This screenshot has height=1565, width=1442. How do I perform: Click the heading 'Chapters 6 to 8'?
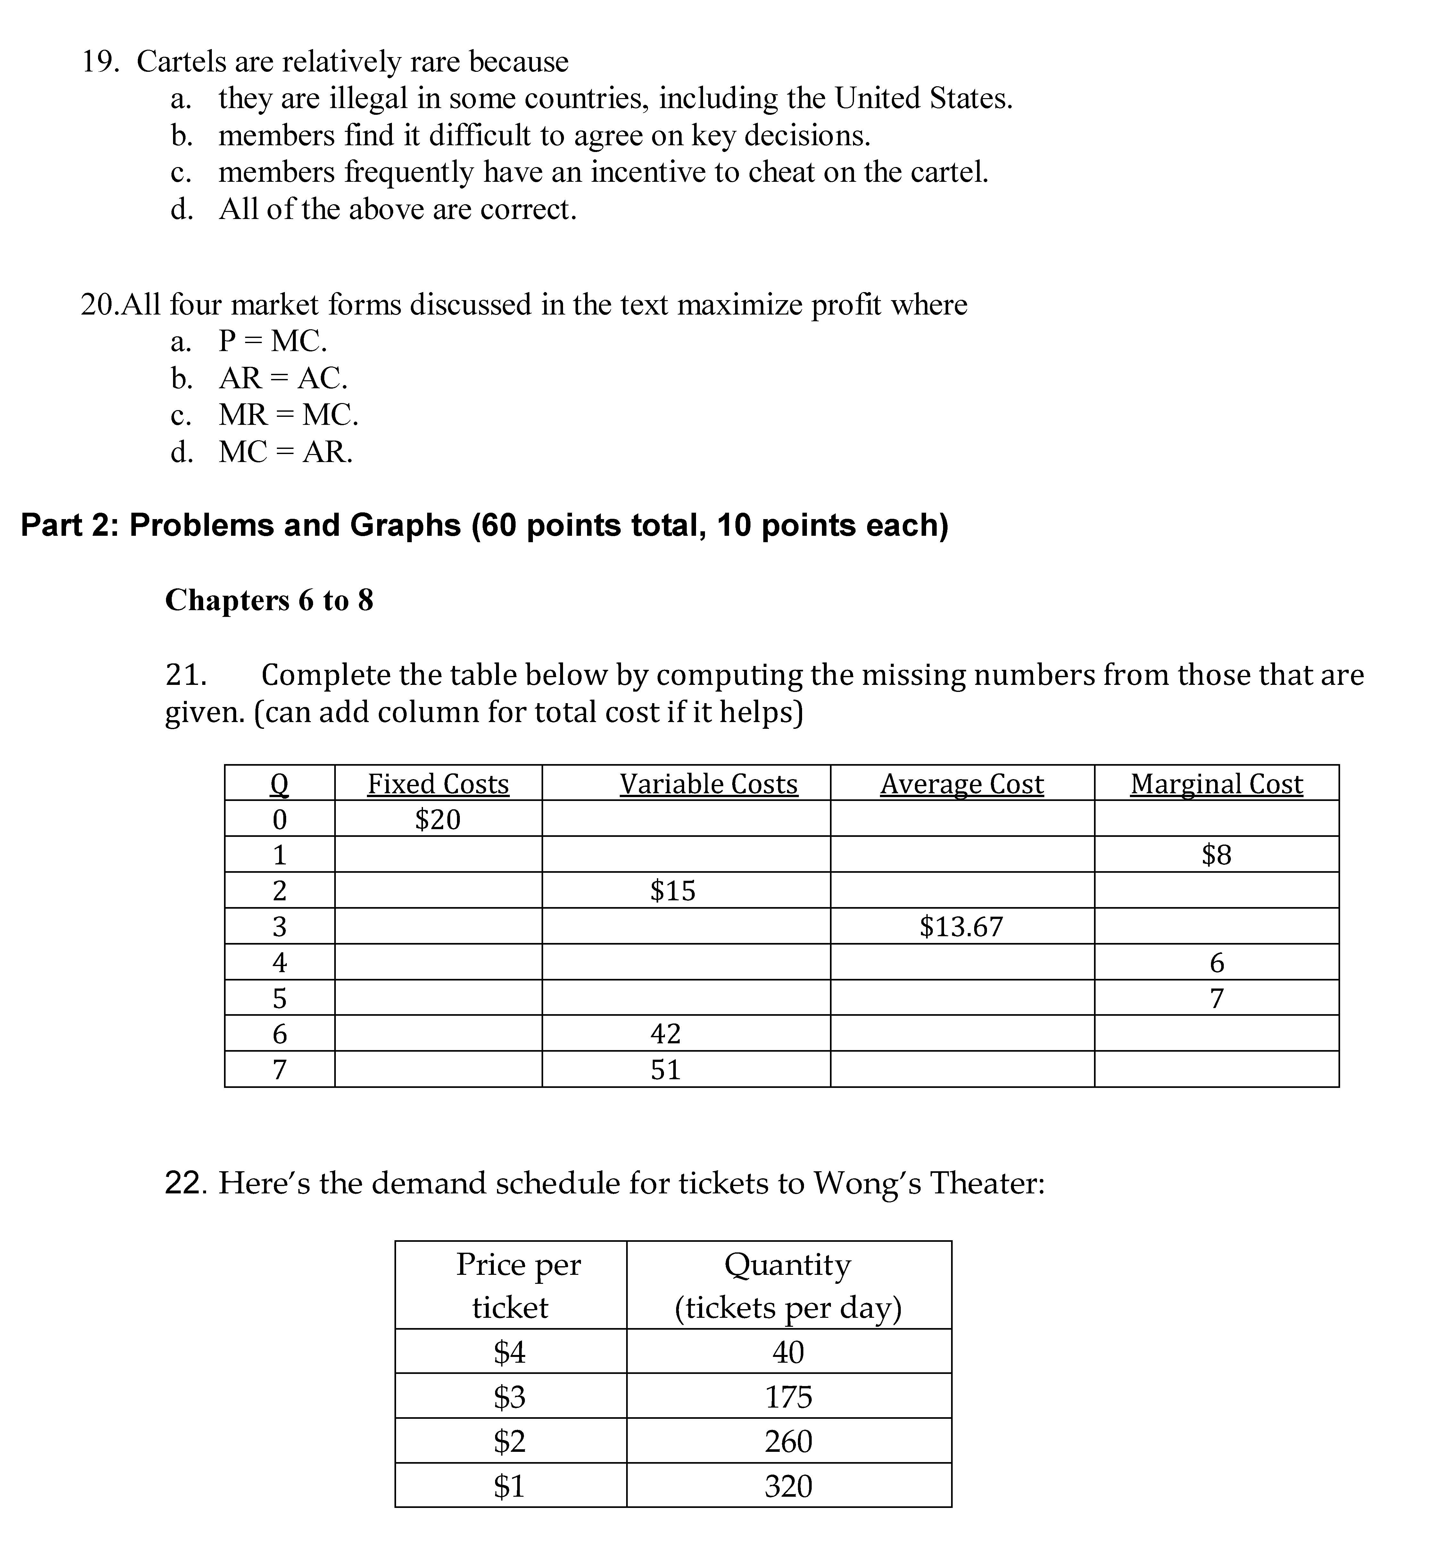pos(269,600)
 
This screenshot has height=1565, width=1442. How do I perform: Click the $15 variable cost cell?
pos(673,891)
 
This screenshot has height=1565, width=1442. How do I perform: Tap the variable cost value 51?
pos(666,1069)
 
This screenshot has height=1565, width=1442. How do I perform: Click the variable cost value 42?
pos(666,1033)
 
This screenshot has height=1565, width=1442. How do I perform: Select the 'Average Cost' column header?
pos(961,784)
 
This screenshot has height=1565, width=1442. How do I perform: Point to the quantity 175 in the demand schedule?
pos(788,1396)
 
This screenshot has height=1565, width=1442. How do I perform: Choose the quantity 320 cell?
pos(788,1485)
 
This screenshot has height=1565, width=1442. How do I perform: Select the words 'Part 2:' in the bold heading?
pos(70,525)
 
